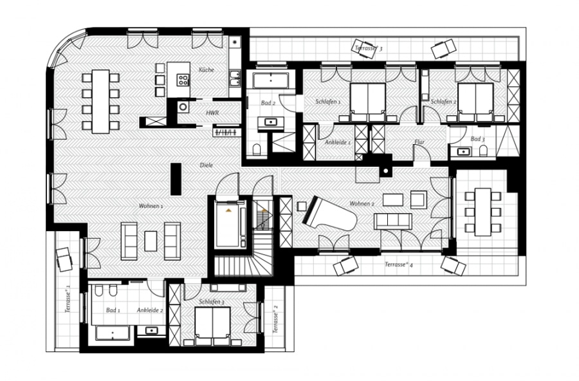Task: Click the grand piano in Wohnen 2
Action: tap(329, 214)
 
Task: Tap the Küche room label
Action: tap(207, 70)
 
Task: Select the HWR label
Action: tap(212, 113)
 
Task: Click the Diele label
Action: tap(206, 165)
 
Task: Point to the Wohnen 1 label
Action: tap(151, 206)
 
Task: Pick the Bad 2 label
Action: tap(268, 103)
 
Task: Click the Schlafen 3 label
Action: tap(212, 302)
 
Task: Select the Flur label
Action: tap(419, 142)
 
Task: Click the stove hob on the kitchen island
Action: tap(183, 80)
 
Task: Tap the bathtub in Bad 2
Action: tap(271, 80)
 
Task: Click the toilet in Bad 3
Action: tap(483, 151)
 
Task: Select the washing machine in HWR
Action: tap(183, 107)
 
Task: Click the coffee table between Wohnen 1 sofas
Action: tap(151, 241)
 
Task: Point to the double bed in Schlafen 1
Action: tap(368, 102)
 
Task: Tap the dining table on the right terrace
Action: tap(483, 212)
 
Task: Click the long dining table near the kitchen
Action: tap(100, 102)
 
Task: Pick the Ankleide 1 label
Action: tap(338, 142)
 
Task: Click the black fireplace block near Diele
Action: tap(176, 179)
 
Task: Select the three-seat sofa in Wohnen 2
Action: tap(393, 221)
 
